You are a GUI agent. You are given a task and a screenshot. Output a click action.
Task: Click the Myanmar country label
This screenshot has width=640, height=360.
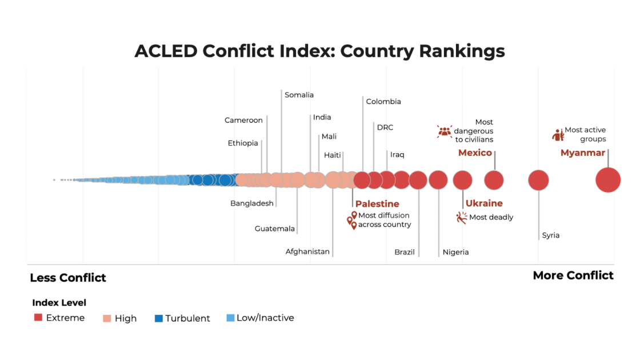coord(582,153)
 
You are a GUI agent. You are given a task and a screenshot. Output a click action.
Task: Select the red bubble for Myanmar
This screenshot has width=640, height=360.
coord(607,181)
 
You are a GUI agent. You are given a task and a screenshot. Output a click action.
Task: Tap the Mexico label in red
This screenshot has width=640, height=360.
coord(475,153)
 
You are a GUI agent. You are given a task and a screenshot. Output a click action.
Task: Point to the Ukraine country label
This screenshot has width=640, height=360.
coord(484,203)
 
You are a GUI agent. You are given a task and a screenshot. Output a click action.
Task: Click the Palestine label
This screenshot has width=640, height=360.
coord(377,204)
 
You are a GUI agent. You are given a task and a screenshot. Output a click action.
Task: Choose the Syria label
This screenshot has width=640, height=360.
coord(551,235)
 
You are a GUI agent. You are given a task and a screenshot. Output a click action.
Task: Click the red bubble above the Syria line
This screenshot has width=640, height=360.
coord(538,181)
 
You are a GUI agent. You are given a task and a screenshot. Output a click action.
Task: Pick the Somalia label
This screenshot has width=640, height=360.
coord(299,95)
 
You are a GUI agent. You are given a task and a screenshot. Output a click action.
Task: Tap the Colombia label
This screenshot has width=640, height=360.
coord(383,102)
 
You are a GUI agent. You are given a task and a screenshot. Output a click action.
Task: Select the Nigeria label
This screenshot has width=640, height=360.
coord(455,252)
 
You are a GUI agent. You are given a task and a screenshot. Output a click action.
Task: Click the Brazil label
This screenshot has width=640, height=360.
coord(405,252)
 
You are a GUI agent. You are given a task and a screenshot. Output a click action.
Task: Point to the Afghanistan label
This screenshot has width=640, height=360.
coord(307,251)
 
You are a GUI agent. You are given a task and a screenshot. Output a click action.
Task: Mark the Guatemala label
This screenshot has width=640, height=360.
coord(275,229)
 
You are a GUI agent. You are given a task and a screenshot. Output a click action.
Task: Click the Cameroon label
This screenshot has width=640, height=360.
coord(243,121)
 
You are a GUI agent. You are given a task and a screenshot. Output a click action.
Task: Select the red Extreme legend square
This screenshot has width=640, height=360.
coord(38,317)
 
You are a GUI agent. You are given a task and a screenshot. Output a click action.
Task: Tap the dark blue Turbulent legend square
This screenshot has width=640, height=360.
coord(158,318)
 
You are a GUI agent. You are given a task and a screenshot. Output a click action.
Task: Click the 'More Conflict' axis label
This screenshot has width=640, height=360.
coord(573,275)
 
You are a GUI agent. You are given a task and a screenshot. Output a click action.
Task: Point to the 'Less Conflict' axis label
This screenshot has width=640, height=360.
coord(68,278)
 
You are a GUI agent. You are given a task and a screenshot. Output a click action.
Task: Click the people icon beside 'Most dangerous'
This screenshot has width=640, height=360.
coord(445,131)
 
